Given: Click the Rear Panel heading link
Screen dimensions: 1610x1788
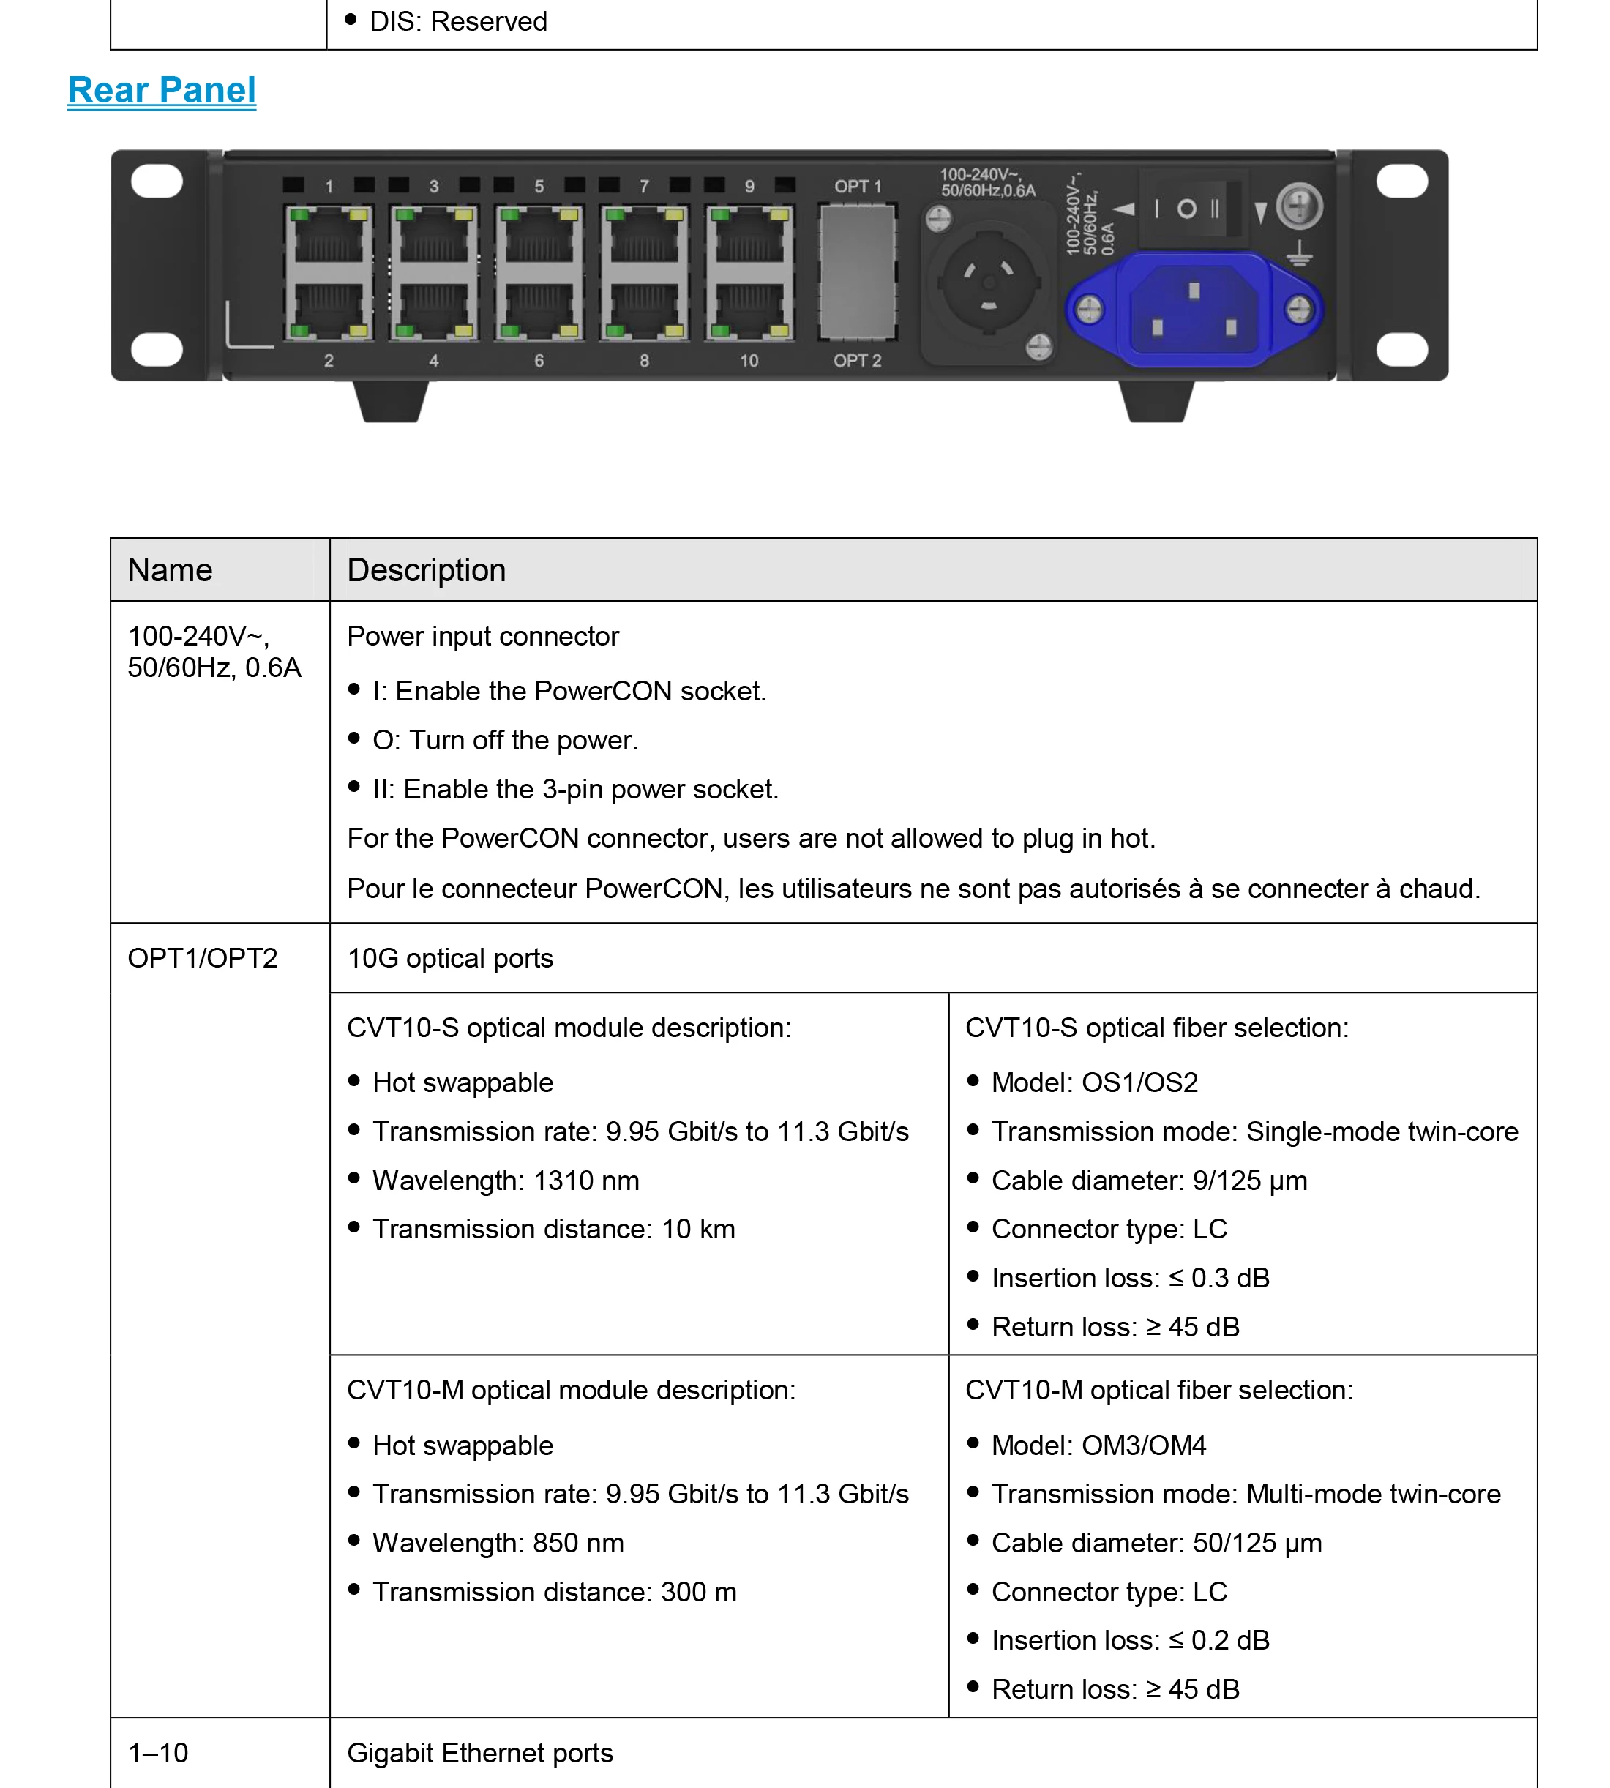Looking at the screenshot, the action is [162, 90].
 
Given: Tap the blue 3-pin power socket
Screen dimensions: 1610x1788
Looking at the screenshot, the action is [1194, 310].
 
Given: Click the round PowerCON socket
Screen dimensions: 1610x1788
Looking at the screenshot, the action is [988, 283].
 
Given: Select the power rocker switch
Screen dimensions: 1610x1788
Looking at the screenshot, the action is [1191, 209].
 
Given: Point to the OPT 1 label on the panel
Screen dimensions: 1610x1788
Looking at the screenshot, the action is [857, 187].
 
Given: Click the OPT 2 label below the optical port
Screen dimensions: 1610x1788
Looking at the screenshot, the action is [857, 361].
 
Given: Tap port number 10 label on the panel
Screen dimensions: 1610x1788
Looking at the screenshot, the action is [749, 361].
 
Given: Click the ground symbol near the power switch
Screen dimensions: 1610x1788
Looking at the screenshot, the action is [1299, 255].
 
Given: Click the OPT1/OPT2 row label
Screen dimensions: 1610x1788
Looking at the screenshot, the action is [203, 958].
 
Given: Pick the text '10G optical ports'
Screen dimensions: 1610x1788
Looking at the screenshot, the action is [449, 958].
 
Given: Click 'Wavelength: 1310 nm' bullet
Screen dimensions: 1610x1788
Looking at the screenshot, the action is [505, 1181].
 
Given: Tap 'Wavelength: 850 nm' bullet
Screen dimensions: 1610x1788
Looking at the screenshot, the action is [498, 1543].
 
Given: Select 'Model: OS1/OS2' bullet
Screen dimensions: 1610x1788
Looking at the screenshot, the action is [1094, 1082].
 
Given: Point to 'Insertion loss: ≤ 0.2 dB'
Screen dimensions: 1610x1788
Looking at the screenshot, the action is [1130, 1640].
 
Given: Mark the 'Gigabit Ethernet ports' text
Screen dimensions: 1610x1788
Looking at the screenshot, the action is [479, 1753].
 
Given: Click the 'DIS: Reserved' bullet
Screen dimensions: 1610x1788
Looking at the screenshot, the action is [458, 21].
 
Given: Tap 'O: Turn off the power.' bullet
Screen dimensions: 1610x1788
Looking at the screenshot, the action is [504, 740].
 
